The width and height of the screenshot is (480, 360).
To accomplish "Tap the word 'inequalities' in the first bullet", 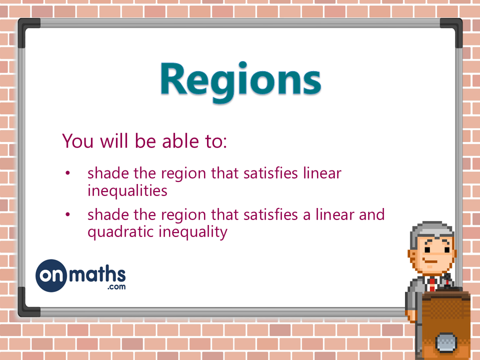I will [127, 190].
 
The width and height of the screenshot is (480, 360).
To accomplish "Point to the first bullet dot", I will [67, 173].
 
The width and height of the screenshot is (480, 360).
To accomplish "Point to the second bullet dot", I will [67, 215].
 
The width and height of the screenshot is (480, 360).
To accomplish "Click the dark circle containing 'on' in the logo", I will [51, 275].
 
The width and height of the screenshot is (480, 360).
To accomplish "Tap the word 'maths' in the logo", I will [97, 274].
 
